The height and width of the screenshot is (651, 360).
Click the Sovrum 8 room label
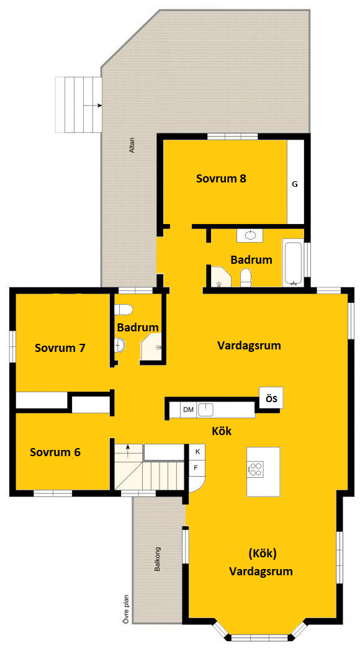pyautogui.click(x=222, y=179)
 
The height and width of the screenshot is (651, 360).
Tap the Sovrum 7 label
pyautogui.click(x=60, y=348)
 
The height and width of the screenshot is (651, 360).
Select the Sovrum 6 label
pyautogui.click(x=55, y=452)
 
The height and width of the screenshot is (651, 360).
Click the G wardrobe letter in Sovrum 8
pyautogui.click(x=295, y=184)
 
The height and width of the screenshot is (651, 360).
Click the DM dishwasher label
pyautogui.click(x=189, y=410)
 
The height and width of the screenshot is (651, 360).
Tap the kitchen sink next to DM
pyautogui.click(x=205, y=410)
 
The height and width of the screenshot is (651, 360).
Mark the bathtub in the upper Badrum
pyautogui.click(x=293, y=263)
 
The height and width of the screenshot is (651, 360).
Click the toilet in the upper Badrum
pyautogui.click(x=246, y=277)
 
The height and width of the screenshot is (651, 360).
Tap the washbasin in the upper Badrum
pyautogui.click(x=250, y=235)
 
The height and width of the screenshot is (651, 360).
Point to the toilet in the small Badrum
pyautogui.click(x=124, y=309)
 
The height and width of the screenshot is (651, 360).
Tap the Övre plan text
pyautogui.click(x=126, y=609)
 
